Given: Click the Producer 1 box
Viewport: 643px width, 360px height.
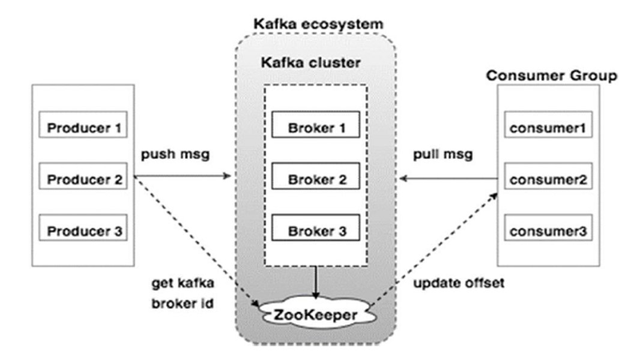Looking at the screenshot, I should point(83,128).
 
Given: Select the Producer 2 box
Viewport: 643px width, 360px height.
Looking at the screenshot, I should point(83,179).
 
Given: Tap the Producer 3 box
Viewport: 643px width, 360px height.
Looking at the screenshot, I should point(83,231).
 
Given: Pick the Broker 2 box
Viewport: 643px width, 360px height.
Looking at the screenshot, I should point(316,179).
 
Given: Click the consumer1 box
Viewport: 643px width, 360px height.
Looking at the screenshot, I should point(547,128).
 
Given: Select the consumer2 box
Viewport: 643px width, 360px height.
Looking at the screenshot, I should point(547,179).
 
